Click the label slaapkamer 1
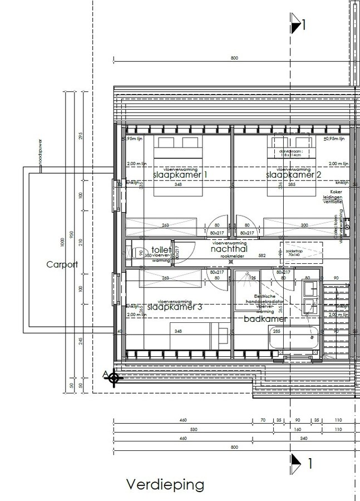click(180, 175)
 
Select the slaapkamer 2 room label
click(290, 175)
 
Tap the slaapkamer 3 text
click(174, 307)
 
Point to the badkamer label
click(266, 320)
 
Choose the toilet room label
click(161, 251)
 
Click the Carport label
click(62, 265)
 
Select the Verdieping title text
click(165, 485)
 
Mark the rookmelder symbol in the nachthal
click(223, 262)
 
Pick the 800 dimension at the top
click(234, 58)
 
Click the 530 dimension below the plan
click(193, 430)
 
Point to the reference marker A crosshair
click(115, 378)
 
